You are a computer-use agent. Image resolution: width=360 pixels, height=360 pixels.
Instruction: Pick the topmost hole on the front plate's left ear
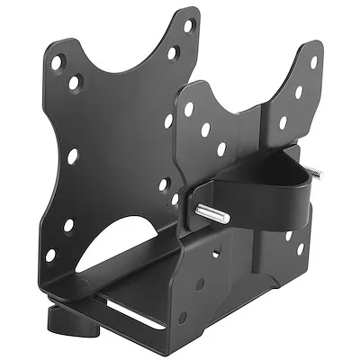pos(57,62)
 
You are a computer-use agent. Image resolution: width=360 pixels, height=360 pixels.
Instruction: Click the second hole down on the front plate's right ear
pos(172,53)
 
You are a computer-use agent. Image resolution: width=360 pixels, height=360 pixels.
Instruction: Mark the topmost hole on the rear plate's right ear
pos(314,62)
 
